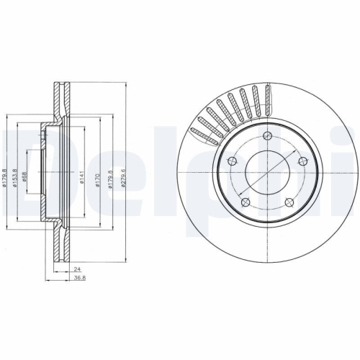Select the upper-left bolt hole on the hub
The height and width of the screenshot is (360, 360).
click(232, 161)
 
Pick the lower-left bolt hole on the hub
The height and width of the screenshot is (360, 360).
click(245, 202)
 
